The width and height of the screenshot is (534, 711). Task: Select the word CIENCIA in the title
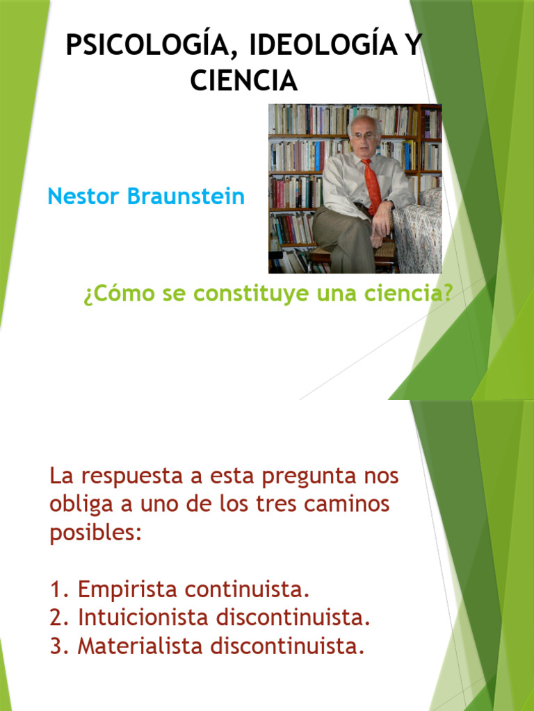pos(243,81)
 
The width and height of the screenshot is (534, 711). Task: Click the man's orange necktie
pos(372,184)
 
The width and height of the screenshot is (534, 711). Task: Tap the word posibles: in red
pos(96,533)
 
